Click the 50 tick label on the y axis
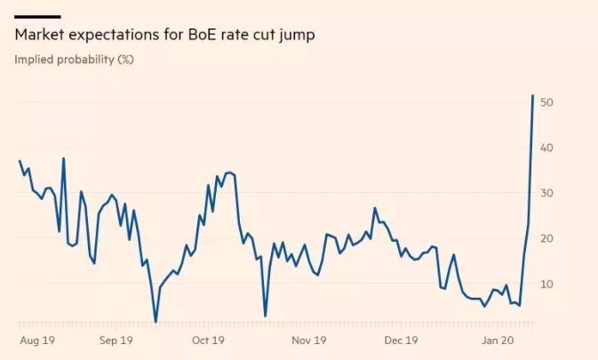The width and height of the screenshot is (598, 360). pos(547,102)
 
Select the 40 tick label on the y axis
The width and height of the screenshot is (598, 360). pos(547,148)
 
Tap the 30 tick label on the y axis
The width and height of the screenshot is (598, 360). pos(547,193)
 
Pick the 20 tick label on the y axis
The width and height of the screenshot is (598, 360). pos(547,238)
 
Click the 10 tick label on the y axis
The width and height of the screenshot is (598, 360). pos(547,284)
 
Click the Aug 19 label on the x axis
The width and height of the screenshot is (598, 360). pos(36,340)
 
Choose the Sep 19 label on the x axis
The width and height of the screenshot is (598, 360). pos(116,340)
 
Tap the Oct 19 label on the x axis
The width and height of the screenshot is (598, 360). pos(207,340)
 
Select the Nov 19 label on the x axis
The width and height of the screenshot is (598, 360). pos(308,340)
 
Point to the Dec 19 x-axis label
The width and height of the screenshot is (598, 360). pos(400,340)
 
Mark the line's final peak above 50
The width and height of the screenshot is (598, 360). pos(532,95)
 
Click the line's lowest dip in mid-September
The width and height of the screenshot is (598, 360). pos(155,322)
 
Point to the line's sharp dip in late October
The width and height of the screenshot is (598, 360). pos(265,316)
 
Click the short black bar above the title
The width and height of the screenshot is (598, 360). pos(37,17)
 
